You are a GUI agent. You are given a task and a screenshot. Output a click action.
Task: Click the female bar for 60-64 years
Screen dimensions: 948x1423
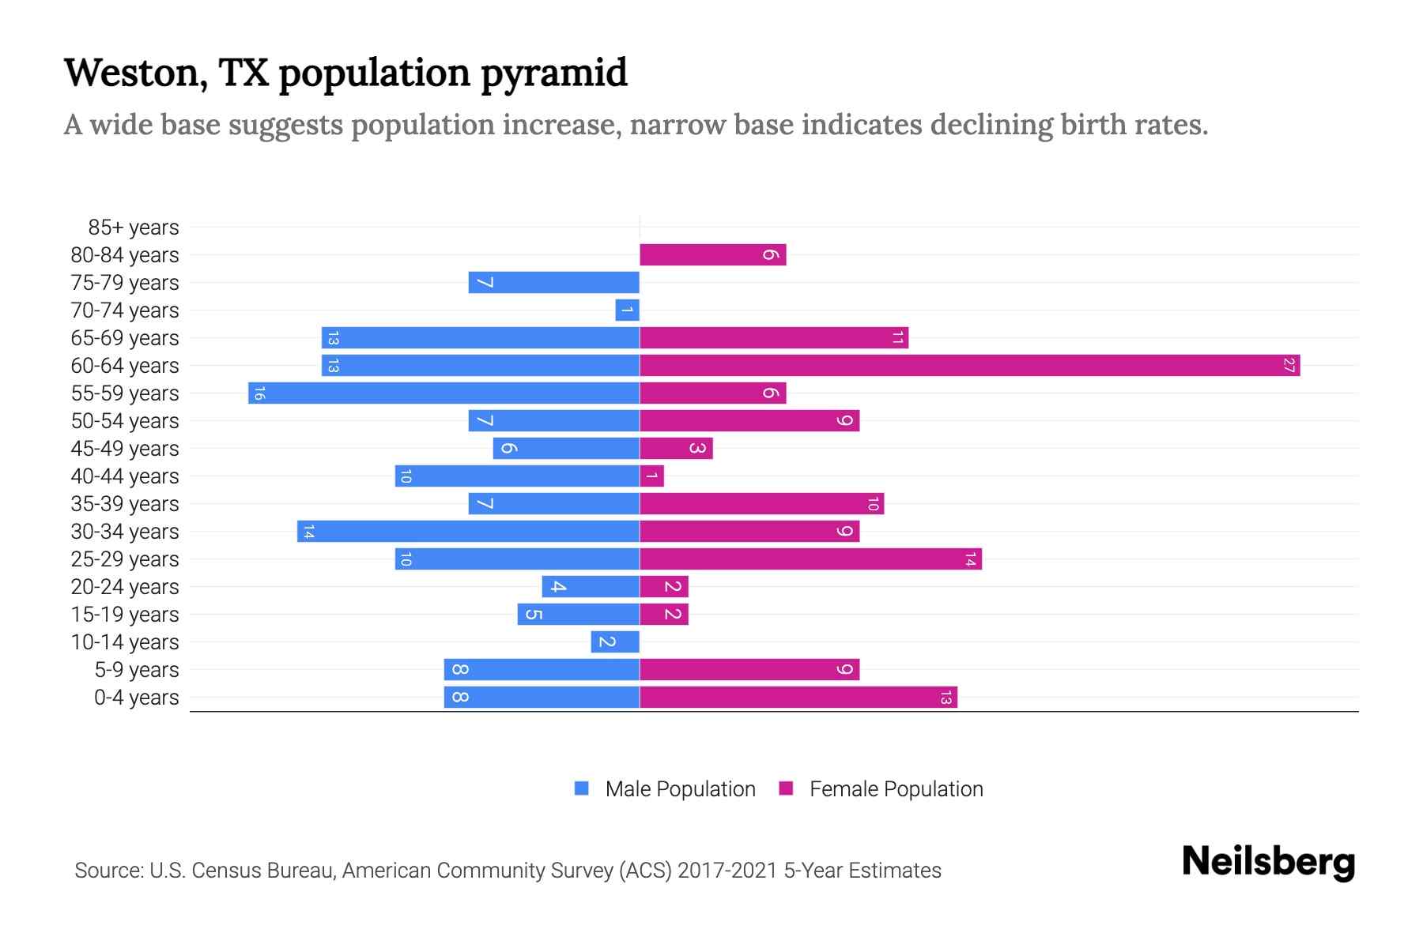(969, 365)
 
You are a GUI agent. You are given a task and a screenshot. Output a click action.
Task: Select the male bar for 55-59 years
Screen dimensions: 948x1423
(444, 393)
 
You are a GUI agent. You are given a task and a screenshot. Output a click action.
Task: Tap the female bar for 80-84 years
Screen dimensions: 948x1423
(712, 254)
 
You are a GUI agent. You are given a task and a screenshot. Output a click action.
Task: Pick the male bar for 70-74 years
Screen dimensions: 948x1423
(627, 310)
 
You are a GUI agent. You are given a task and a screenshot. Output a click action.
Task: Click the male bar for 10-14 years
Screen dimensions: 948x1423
(615, 641)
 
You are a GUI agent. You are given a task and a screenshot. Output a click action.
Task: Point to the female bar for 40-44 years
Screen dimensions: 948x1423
(651, 476)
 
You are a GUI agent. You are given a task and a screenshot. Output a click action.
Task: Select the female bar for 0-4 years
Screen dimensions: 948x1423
(798, 697)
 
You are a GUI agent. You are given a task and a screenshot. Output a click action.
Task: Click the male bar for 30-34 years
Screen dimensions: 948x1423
(468, 531)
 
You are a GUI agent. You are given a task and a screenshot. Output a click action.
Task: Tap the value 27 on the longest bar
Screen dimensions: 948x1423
(1289, 365)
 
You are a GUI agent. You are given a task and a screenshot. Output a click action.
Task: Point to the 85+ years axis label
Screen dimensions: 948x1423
(134, 228)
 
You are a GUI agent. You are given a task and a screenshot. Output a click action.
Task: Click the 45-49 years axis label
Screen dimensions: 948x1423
(125, 449)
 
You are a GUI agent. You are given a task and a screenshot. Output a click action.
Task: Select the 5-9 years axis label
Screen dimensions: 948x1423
(137, 670)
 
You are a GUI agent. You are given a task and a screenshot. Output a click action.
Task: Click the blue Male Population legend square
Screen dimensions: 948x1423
(582, 788)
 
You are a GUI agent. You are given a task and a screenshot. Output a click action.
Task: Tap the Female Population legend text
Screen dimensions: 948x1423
(896, 788)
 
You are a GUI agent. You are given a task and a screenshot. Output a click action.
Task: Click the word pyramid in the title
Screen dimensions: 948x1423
(553, 73)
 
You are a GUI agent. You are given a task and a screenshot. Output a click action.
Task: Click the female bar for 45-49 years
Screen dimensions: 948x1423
(676, 448)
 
